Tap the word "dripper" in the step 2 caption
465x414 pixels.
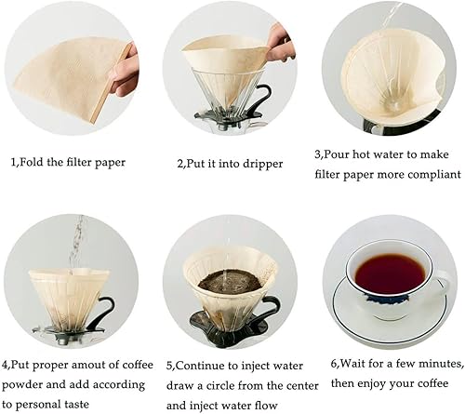click(262, 164)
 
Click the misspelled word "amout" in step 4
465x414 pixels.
click(100, 365)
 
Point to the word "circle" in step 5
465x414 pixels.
click(219, 386)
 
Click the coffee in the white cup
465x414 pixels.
click(390, 274)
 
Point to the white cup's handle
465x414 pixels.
click(443, 282)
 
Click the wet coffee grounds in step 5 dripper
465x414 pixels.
click(230, 282)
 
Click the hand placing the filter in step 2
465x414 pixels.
click(280, 43)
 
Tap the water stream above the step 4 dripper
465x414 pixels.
click(76, 244)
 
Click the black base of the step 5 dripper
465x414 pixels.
click(229, 328)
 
